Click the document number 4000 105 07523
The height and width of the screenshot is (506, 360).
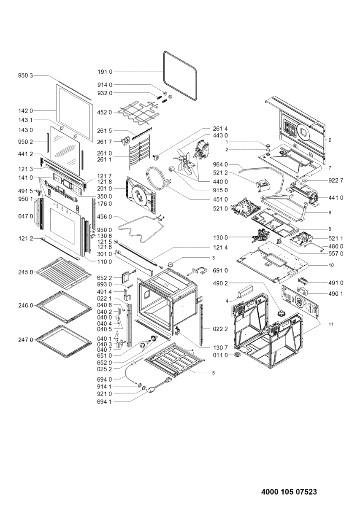pyautogui.click(x=289, y=492)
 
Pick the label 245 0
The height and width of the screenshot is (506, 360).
pyautogui.click(x=25, y=272)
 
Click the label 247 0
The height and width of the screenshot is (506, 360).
pyautogui.click(x=25, y=339)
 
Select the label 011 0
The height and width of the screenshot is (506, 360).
pyautogui.click(x=220, y=355)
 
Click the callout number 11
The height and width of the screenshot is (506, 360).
pyautogui.click(x=330, y=324)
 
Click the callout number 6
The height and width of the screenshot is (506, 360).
pyautogui.click(x=330, y=140)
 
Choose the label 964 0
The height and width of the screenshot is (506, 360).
pyautogui.click(x=220, y=164)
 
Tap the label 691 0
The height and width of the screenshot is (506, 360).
pyautogui.click(x=220, y=270)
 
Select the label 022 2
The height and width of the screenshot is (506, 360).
pyautogui.click(x=220, y=329)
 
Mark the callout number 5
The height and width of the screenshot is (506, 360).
pyautogui.click(x=213, y=373)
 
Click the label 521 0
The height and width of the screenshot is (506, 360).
pyautogui.click(x=220, y=208)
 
